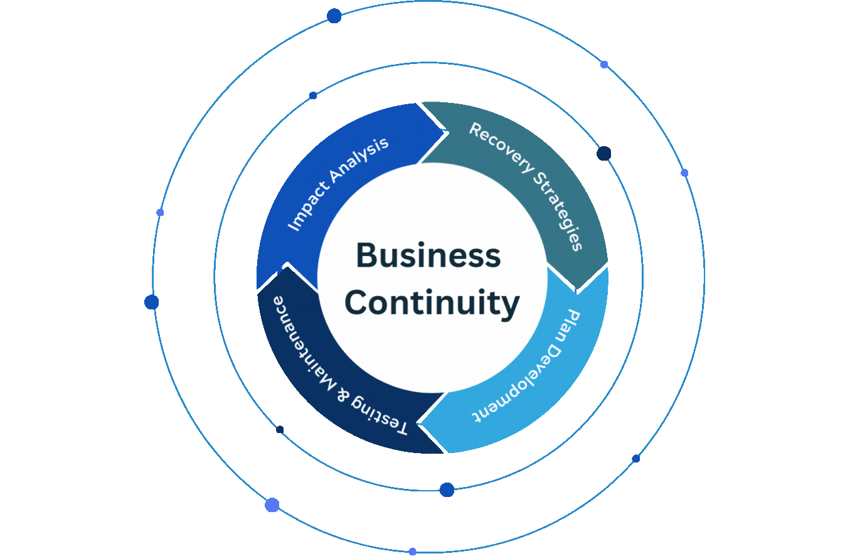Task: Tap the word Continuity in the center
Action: pyautogui.click(x=432, y=303)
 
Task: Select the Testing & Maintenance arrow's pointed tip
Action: pyautogui.click(x=287, y=263)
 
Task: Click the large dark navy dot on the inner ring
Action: pyautogui.click(x=603, y=153)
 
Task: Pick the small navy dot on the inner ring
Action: pyautogui.click(x=280, y=430)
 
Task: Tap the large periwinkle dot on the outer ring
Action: pyautogui.click(x=272, y=505)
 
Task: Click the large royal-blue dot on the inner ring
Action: pyautogui.click(x=447, y=489)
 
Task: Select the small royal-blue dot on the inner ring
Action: pyautogui.click(x=313, y=95)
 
